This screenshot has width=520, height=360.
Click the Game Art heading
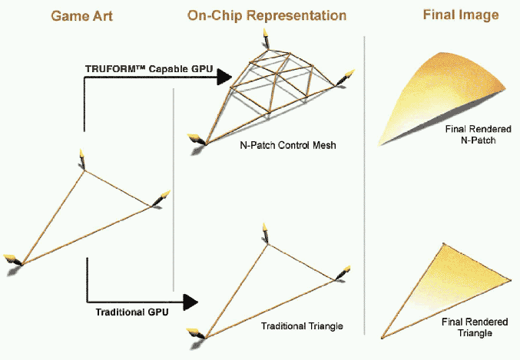[82, 15]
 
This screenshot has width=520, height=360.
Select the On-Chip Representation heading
[267, 15]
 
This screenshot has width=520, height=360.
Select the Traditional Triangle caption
[302, 326]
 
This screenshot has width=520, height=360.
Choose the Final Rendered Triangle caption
[468, 329]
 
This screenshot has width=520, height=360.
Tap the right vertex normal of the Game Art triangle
[160, 198]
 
